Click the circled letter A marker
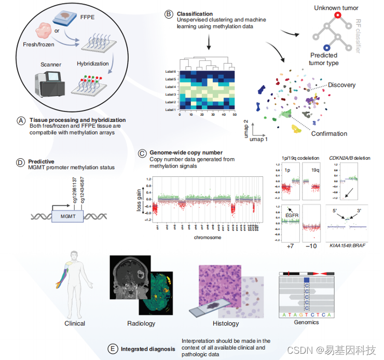click(21, 120)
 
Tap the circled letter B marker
click(168, 14)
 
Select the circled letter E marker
click(112, 349)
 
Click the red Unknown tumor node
click(337, 16)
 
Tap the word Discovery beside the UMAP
click(342, 85)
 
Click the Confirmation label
click(329, 133)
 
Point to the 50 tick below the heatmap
click(235, 114)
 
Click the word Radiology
click(141, 323)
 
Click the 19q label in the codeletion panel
click(314, 169)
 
